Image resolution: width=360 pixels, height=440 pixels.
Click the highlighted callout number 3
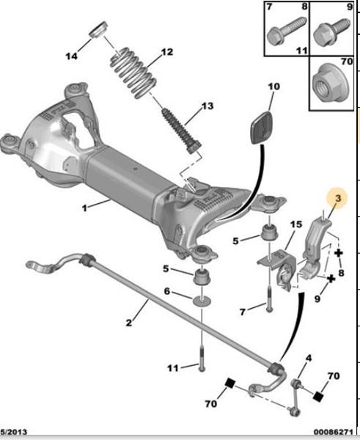(338, 199)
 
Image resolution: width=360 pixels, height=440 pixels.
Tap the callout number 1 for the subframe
(84, 208)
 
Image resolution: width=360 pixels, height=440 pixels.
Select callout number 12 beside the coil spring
(167, 52)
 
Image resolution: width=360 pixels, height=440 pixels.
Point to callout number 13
(207, 106)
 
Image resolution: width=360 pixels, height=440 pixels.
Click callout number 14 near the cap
(71, 56)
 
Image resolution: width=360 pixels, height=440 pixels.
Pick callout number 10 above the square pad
(274, 87)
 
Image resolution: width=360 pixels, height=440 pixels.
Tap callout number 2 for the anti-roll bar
(128, 323)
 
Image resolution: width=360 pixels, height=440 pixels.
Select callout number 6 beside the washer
(167, 291)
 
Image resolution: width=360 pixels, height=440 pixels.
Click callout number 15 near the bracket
(296, 224)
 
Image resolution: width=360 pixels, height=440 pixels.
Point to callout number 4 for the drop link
(309, 358)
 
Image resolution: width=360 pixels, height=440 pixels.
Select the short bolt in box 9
(332, 31)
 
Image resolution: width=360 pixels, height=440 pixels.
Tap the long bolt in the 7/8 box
(286, 31)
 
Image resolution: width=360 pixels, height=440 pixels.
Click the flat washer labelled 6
(202, 301)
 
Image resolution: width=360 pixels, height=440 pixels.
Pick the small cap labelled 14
(99, 29)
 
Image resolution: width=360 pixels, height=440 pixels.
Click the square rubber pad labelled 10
(262, 128)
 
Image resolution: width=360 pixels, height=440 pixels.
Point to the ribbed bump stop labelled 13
(182, 131)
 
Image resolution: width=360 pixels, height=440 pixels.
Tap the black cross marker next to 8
(339, 253)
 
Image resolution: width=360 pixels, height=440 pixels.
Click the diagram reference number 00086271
(333, 431)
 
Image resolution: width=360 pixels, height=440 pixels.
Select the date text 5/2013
(14, 431)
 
